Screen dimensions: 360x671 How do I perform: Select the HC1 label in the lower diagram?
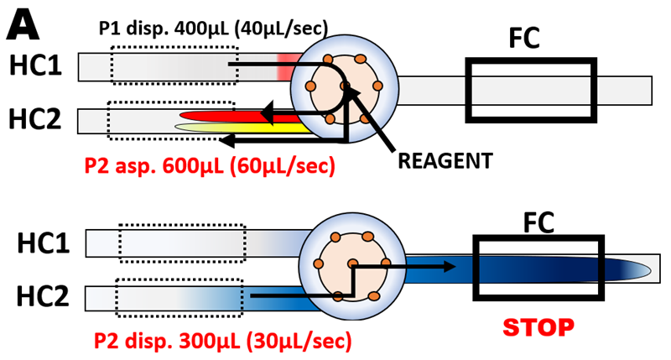(x=45, y=243)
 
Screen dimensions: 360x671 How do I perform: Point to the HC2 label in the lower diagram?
(x=45, y=296)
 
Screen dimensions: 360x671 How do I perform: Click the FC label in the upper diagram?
(x=526, y=38)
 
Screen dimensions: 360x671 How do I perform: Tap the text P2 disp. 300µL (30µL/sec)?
(x=218, y=341)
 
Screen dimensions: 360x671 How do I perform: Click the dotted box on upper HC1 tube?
(x=173, y=65)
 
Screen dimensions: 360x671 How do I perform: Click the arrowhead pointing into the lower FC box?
(x=450, y=268)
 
